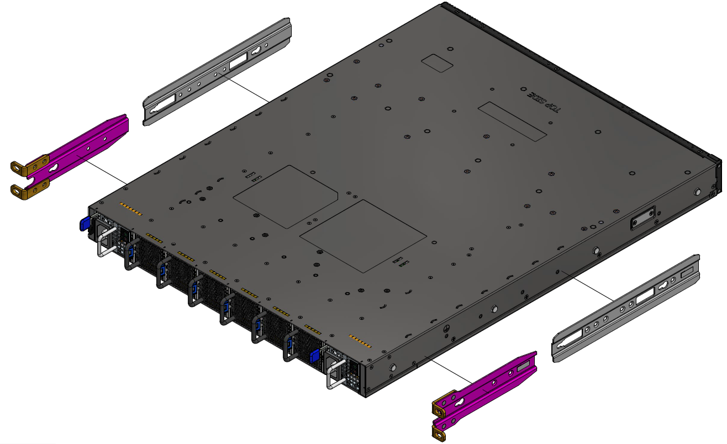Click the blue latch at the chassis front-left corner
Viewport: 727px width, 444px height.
tap(85, 224)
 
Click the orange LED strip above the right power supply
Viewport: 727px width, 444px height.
tap(360, 340)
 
